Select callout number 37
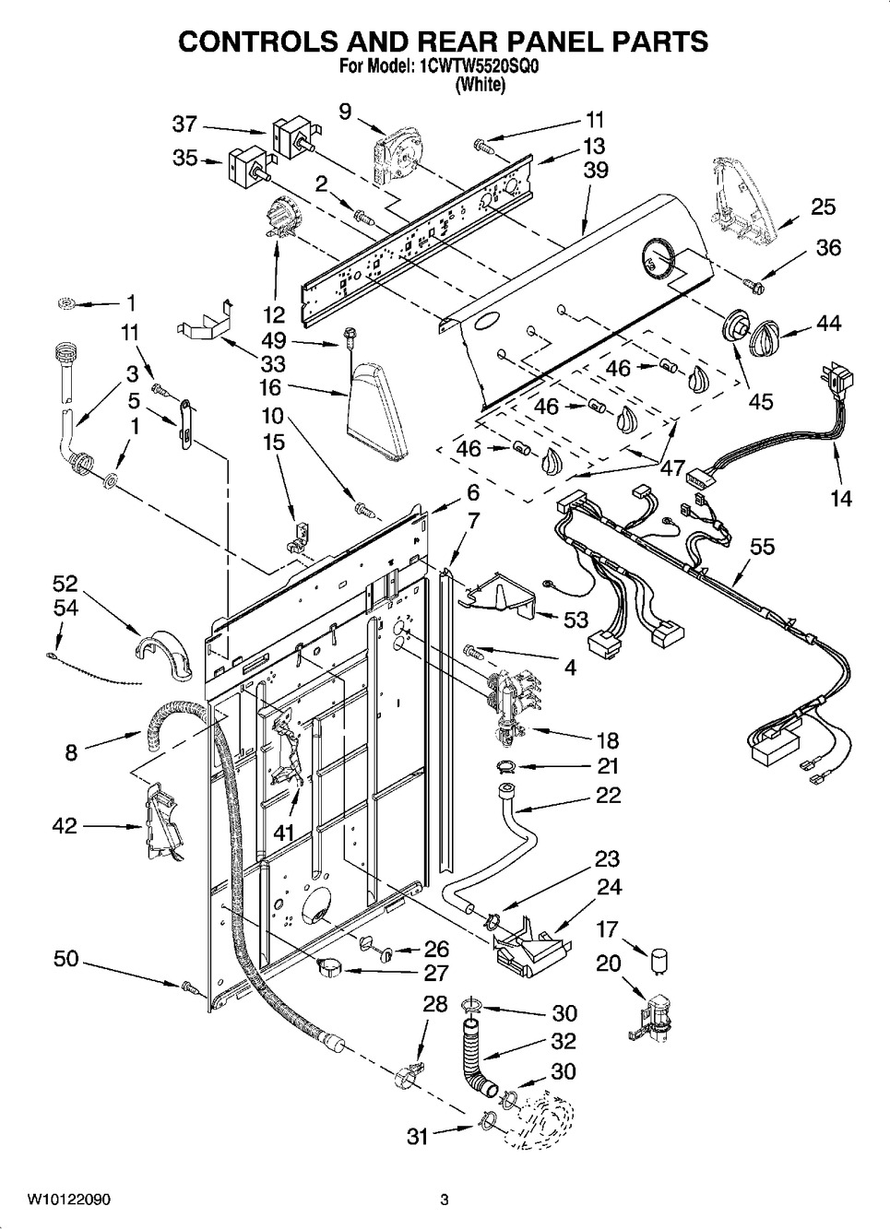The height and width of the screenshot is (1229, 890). tap(184, 124)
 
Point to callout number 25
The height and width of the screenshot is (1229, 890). tap(823, 207)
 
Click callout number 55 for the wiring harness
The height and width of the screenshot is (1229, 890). tap(762, 547)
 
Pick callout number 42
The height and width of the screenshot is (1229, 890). tap(64, 826)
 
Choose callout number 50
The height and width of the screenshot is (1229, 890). tap(65, 960)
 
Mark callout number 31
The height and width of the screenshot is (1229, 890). tap(418, 1137)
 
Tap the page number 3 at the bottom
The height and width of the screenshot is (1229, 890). tap(444, 1199)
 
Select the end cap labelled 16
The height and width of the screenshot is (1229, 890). tap(376, 408)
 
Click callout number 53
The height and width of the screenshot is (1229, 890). tap(576, 619)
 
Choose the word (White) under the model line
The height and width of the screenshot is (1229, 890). tap(481, 85)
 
